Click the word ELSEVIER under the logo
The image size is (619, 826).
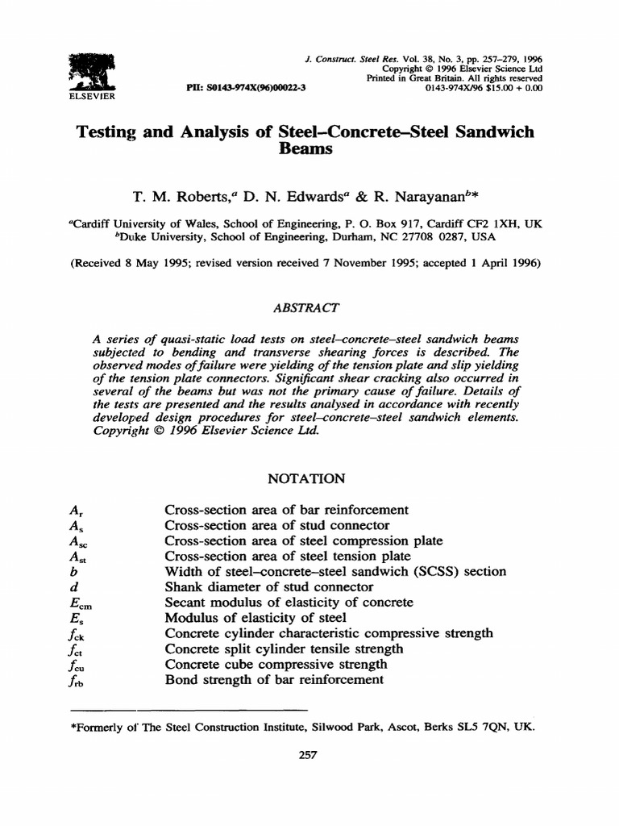point(92,95)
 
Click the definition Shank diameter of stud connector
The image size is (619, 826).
point(269,586)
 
